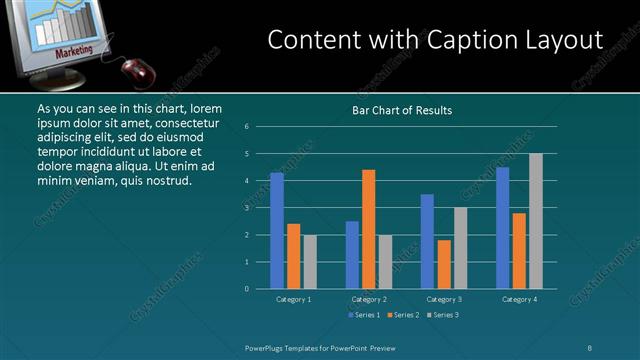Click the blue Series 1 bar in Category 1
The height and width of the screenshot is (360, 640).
277,231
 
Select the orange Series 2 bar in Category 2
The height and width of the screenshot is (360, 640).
368,229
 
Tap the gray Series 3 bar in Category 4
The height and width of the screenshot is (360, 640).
536,221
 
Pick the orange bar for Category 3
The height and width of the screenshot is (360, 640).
444,264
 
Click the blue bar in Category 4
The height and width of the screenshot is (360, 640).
502,228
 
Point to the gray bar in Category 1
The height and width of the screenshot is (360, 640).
310,262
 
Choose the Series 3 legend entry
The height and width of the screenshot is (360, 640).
445,315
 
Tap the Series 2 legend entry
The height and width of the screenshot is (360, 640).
404,315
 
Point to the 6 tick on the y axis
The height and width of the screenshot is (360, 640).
247,127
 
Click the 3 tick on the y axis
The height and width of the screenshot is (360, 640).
247,208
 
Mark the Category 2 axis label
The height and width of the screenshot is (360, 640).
369,299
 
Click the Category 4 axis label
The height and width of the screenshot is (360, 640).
519,299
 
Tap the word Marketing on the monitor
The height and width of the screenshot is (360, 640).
74,50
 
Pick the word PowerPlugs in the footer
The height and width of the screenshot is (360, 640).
268,348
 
